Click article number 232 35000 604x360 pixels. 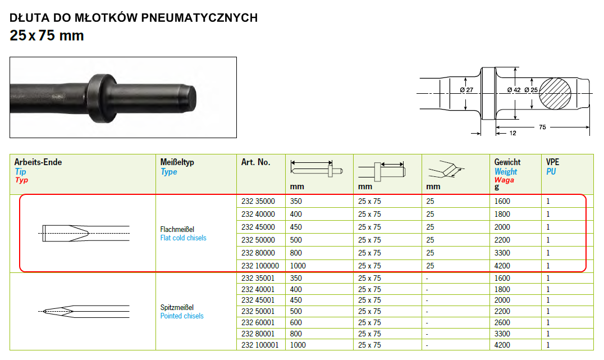(258, 201)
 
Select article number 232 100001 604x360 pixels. (260, 345)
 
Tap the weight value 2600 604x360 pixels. (502, 322)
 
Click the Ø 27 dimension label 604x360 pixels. (466, 90)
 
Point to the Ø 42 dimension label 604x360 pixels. (514, 90)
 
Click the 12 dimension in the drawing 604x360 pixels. (513, 133)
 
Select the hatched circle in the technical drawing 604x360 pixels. (555, 94)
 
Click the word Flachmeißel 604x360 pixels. (177, 229)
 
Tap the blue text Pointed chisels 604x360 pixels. (182, 316)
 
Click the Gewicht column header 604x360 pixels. (507, 162)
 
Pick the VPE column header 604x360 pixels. (552, 162)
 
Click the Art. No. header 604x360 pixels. (256, 162)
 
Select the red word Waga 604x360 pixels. (504, 180)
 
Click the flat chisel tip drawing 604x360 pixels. (85, 233)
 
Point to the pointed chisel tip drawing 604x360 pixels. (84, 312)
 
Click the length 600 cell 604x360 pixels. (296, 322)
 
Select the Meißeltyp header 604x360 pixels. (177, 162)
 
